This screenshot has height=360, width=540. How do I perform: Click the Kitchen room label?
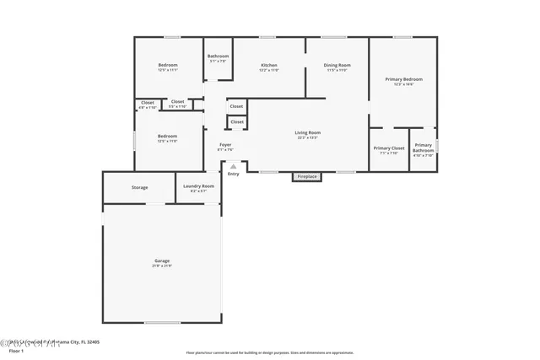tap(269, 65)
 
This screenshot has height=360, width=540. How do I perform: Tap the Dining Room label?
tap(337, 65)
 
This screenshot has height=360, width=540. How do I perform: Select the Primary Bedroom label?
tap(403, 79)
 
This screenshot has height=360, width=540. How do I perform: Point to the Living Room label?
tap(307, 132)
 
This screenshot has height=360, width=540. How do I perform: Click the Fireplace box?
tap(307, 176)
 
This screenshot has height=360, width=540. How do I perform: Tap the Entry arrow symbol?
tap(233, 166)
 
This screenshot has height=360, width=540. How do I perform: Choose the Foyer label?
tap(225, 145)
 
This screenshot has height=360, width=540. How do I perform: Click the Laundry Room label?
tap(198, 185)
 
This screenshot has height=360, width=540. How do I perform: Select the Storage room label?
tap(139, 187)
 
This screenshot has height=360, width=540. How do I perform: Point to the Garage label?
tap(162, 261)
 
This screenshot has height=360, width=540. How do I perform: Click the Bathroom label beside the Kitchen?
tap(219, 56)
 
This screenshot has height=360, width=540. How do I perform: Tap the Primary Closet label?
tap(388, 148)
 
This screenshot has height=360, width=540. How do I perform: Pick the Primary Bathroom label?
tap(423, 148)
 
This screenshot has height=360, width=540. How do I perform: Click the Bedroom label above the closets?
tap(168, 65)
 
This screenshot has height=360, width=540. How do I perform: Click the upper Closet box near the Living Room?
tap(237, 106)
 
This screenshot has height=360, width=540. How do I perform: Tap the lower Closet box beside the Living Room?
tap(237, 121)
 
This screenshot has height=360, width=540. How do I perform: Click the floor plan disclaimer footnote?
tap(269, 353)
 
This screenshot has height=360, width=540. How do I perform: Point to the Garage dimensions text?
tap(162, 266)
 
